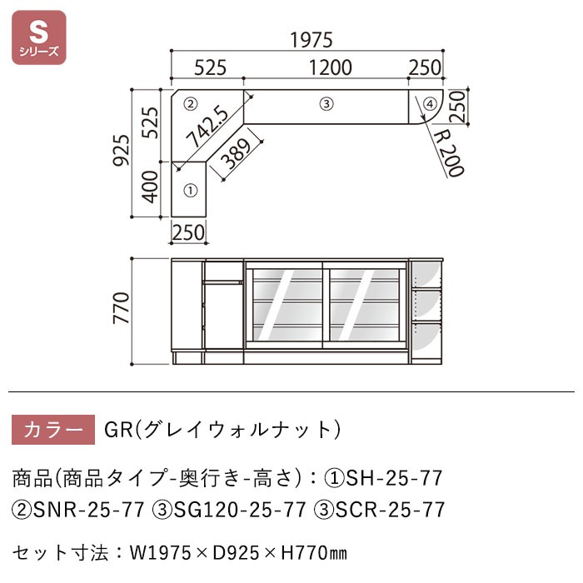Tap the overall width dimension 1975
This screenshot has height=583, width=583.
click(311, 39)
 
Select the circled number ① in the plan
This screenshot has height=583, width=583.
click(189, 191)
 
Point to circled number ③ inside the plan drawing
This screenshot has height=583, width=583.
click(326, 104)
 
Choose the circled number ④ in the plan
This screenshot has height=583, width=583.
click(429, 104)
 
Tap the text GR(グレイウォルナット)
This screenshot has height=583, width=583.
click(223, 430)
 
